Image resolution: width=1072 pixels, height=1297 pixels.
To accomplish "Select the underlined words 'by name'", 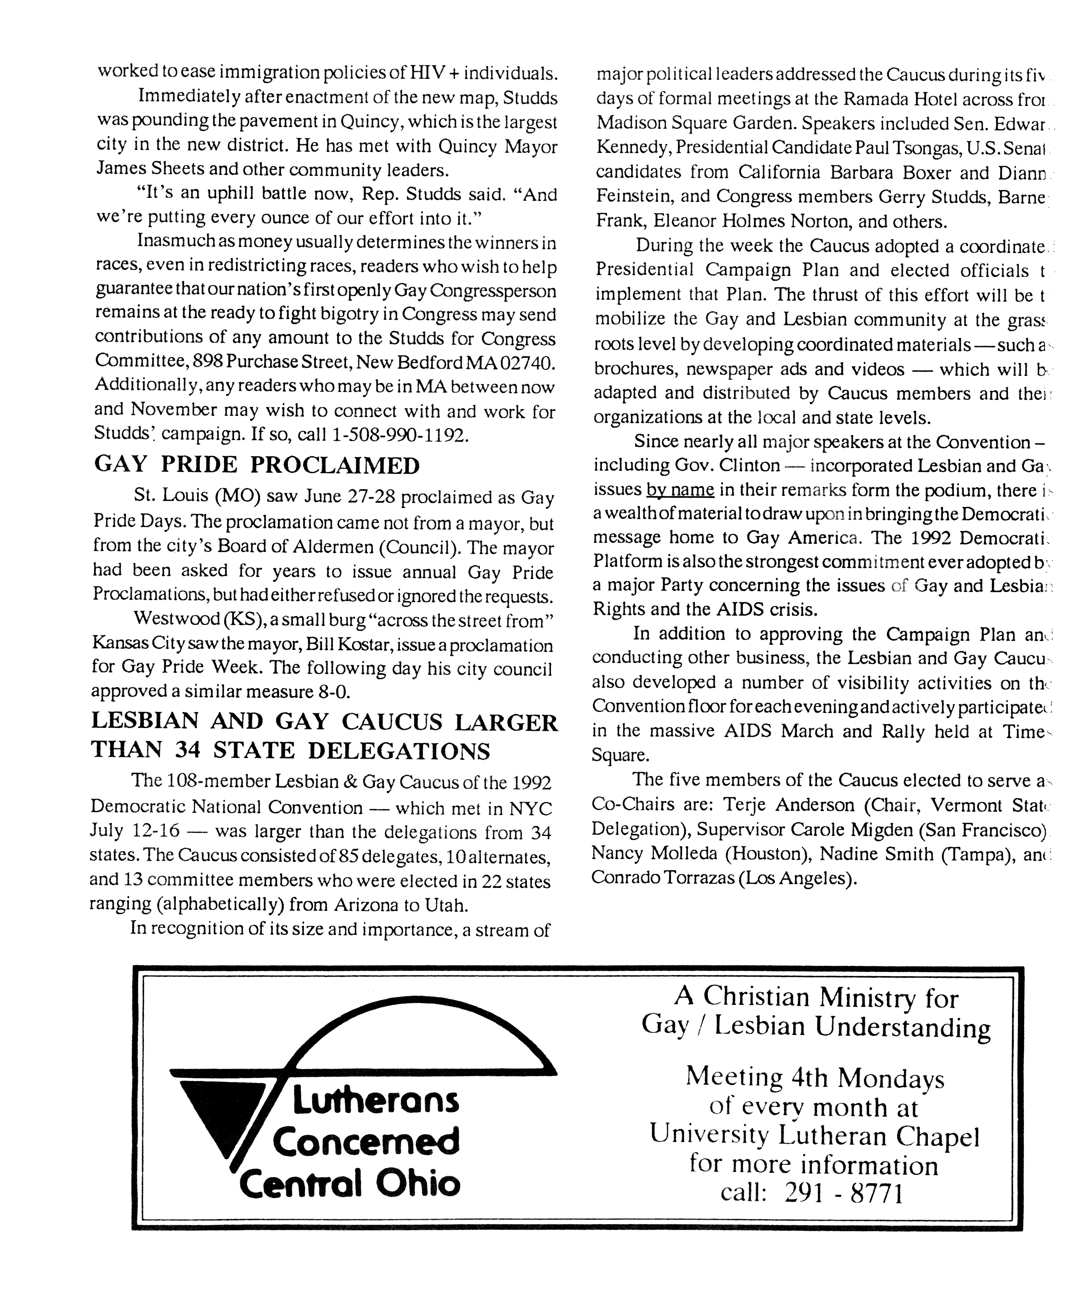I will click(x=680, y=490).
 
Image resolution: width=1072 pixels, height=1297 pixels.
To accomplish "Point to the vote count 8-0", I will click(x=334, y=692).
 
